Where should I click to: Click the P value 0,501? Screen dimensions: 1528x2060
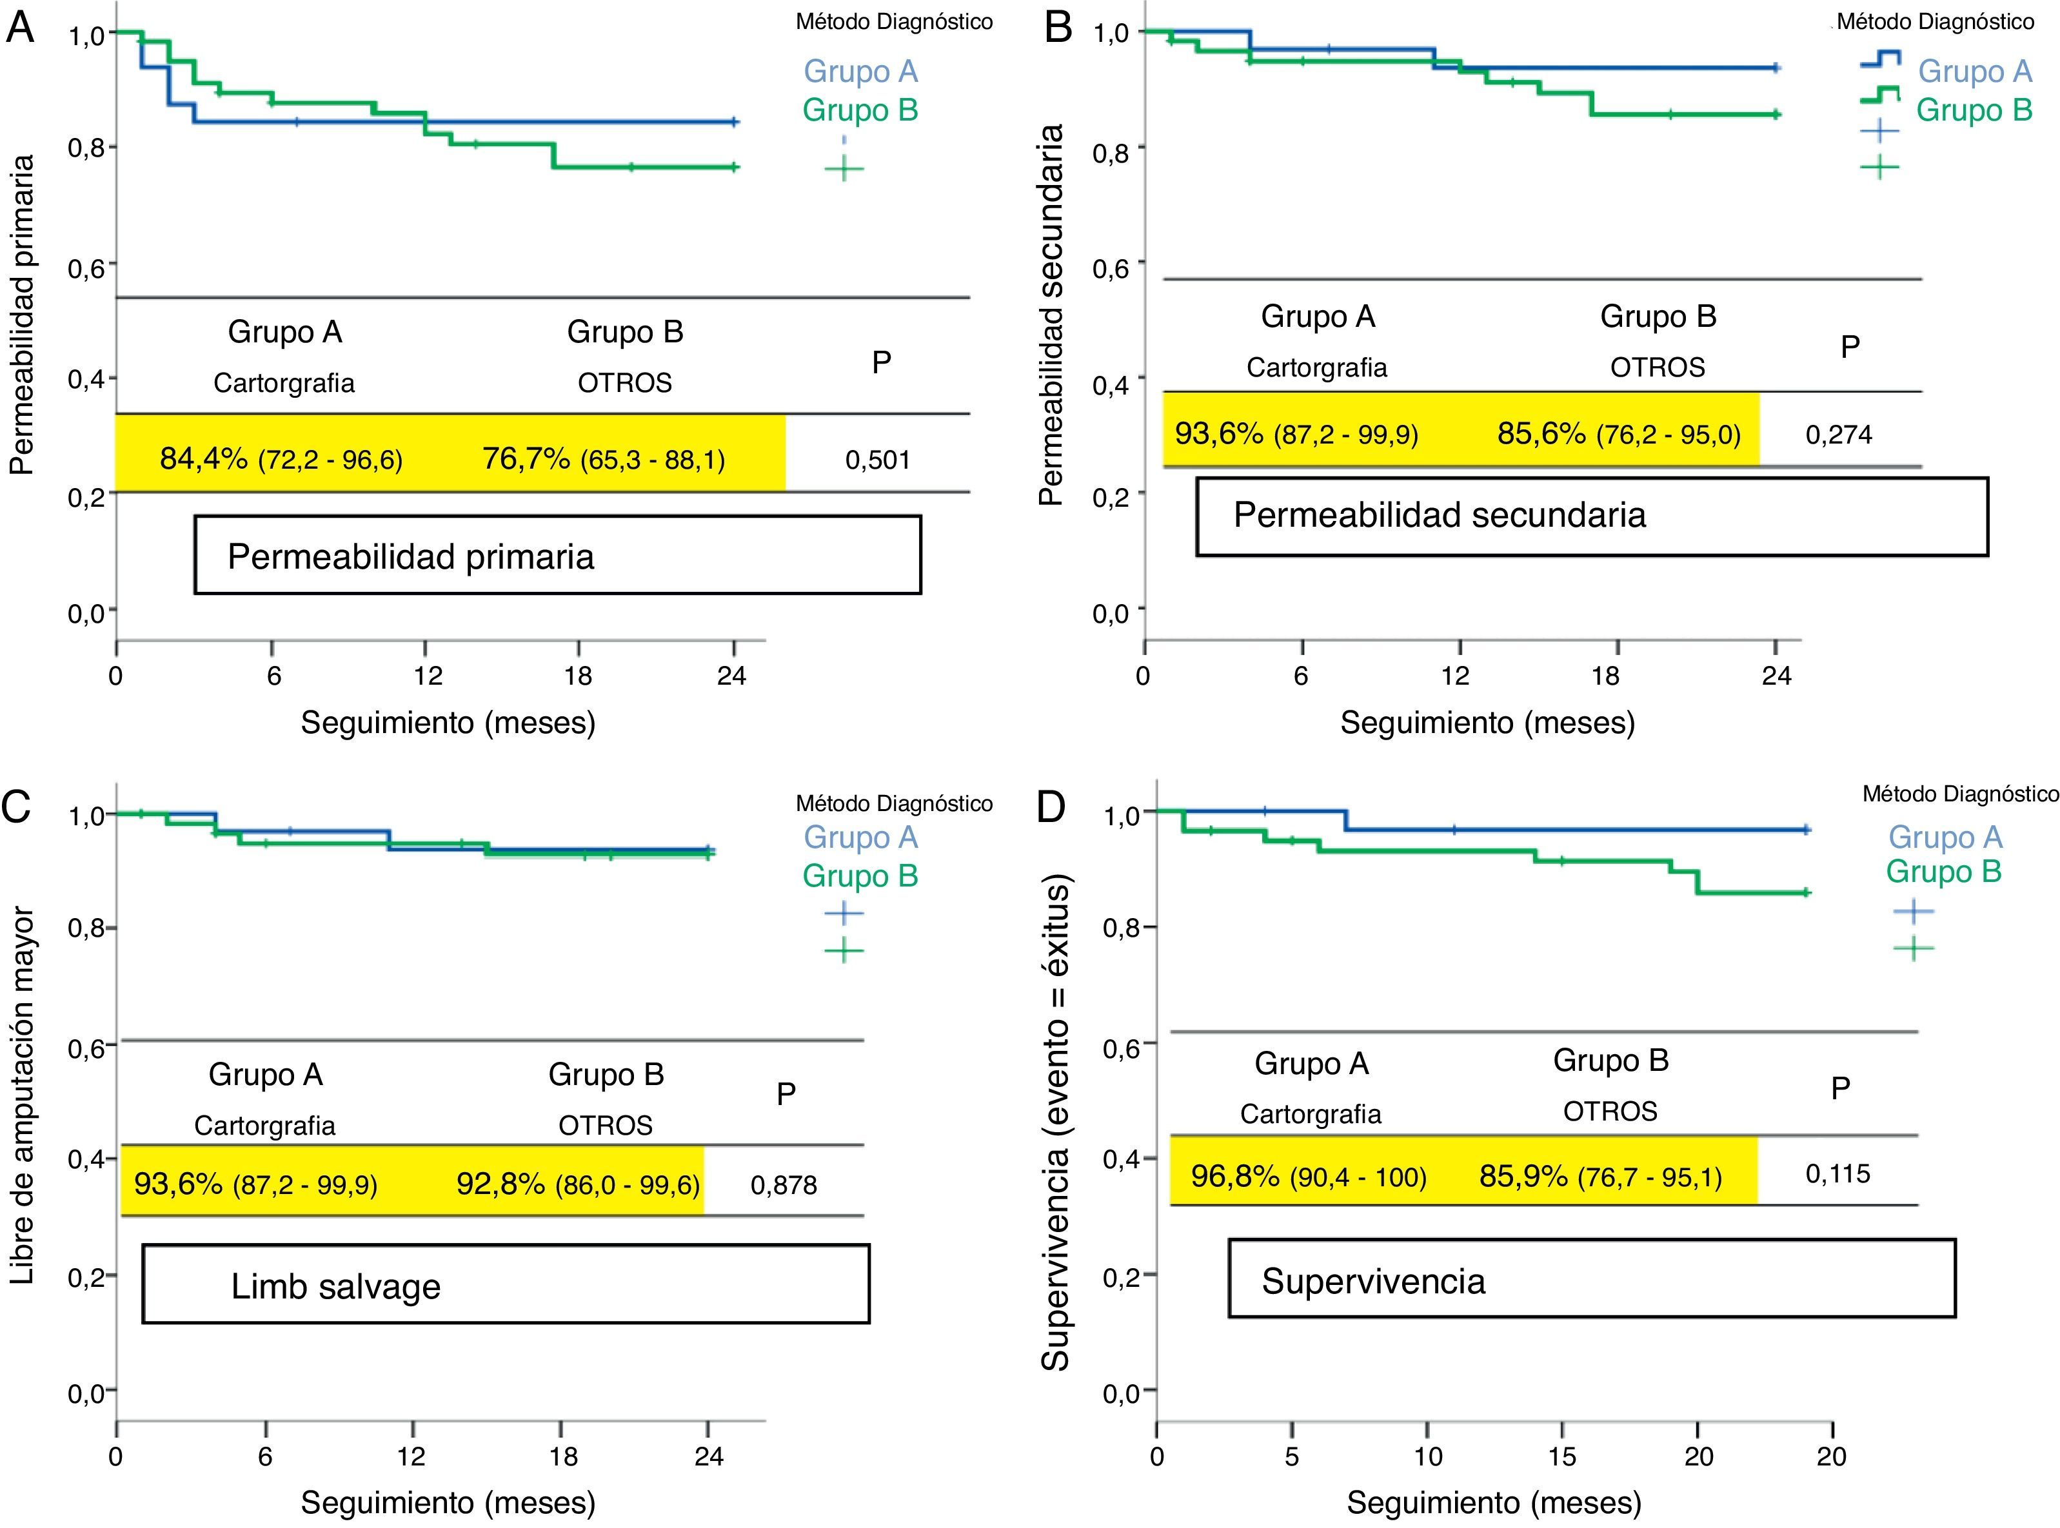(877, 460)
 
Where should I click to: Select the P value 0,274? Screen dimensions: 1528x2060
(1838, 435)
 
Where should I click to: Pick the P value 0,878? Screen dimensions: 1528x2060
(784, 1185)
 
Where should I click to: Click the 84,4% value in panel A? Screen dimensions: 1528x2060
(204, 458)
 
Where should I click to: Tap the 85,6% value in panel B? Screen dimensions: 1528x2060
(1541, 433)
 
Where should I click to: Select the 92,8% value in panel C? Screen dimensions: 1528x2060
(499, 1184)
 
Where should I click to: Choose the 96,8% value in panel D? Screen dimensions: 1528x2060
(1234, 1175)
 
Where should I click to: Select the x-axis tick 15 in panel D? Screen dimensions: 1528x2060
(1561, 1457)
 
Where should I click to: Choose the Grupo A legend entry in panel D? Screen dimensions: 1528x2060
(1945, 837)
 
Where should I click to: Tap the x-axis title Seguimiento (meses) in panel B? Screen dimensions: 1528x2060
(1487, 722)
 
